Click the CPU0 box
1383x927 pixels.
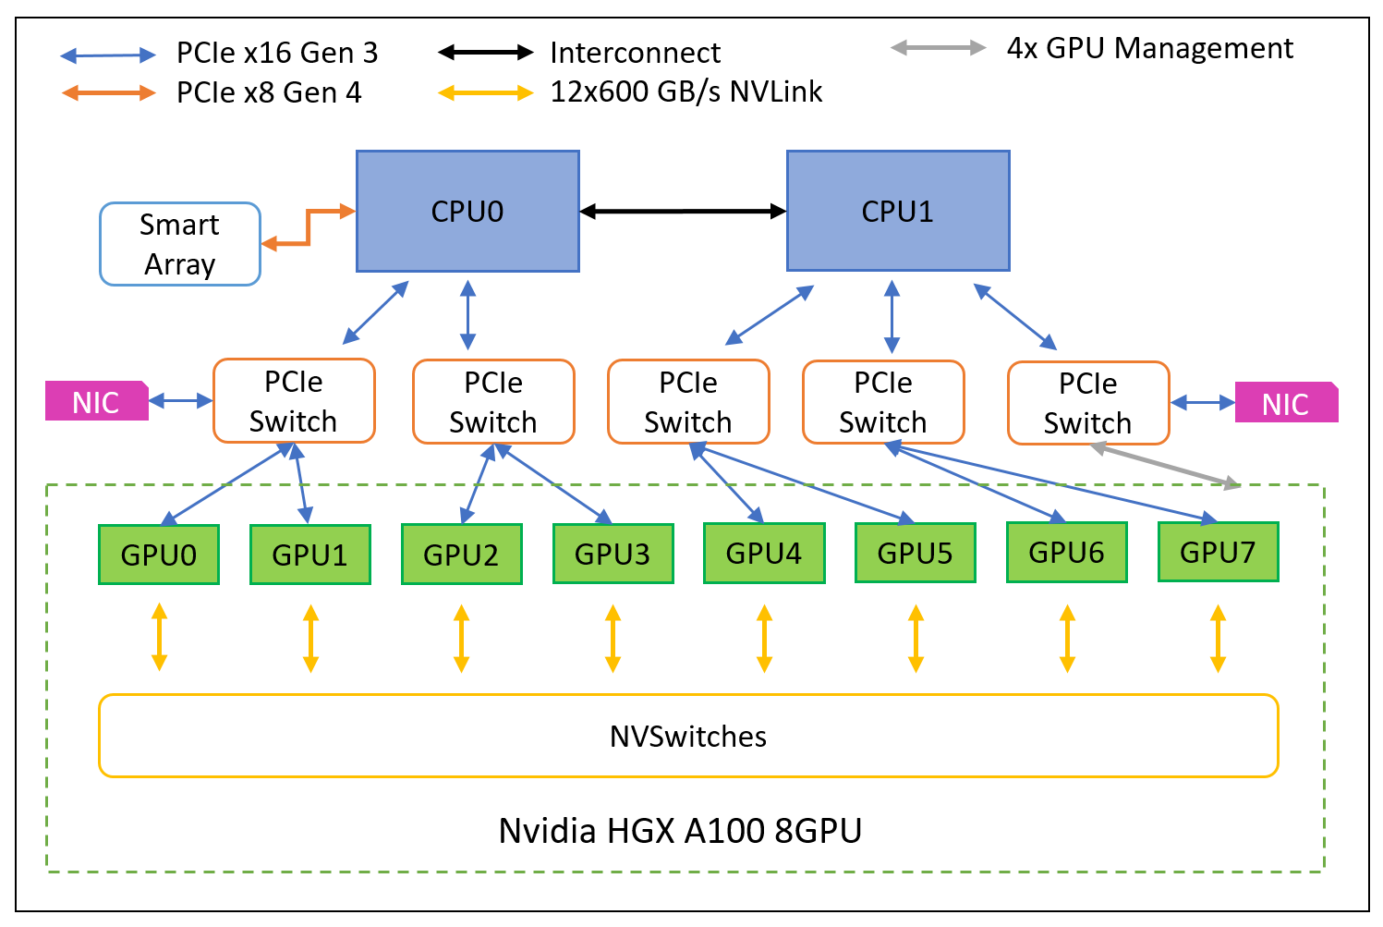tap(467, 212)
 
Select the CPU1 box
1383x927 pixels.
tap(897, 212)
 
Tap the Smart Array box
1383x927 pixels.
tap(180, 244)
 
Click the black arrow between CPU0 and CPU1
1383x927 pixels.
tap(683, 212)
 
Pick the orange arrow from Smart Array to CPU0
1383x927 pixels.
tap(309, 226)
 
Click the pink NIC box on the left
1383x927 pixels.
tap(96, 401)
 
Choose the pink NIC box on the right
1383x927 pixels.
tap(1285, 403)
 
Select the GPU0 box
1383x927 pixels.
tap(159, 555)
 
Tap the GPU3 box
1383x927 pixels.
tap(613, 554)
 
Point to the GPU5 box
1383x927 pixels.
tap(915, 553)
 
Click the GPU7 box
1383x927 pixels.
tap(1218, 552)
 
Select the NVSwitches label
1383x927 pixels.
tap(688, 737)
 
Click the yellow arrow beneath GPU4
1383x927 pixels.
tap(764, 638)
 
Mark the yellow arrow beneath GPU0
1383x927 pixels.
tap(159, 637)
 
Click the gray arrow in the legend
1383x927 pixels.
tap(938, 48)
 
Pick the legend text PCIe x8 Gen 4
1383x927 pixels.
tap(269, 92)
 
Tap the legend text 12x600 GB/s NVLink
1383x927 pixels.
tap(685, 91)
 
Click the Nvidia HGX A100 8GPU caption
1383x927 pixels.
tap(680, 830)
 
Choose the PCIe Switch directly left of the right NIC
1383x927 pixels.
tap(1088, 403)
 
